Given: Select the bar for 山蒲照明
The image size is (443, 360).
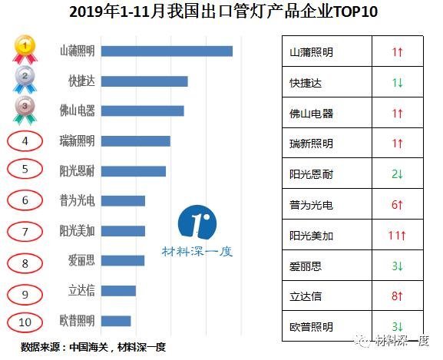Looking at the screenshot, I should pos(167,51).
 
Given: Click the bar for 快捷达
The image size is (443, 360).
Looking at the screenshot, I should pos(144,81).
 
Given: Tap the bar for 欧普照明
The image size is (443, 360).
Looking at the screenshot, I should pos(116,320).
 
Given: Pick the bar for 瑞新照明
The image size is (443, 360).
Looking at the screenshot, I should pos(136,140).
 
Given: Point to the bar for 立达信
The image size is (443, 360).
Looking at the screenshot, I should pos(118,290).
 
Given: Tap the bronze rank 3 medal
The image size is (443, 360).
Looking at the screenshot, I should pos(25,110).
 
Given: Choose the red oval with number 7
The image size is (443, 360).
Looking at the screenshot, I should pos(25,231).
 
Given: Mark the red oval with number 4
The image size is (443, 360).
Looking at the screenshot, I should pos(25,141).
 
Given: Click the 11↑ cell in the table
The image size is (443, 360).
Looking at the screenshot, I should pos(397,236).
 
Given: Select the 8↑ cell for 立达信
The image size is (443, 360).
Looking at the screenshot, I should pos(397,296).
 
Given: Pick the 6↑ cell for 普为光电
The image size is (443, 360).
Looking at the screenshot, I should pos(397,205).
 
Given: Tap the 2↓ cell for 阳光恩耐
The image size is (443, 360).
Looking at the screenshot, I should pos(397,174).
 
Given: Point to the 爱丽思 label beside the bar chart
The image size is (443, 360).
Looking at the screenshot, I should pos(81,261).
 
